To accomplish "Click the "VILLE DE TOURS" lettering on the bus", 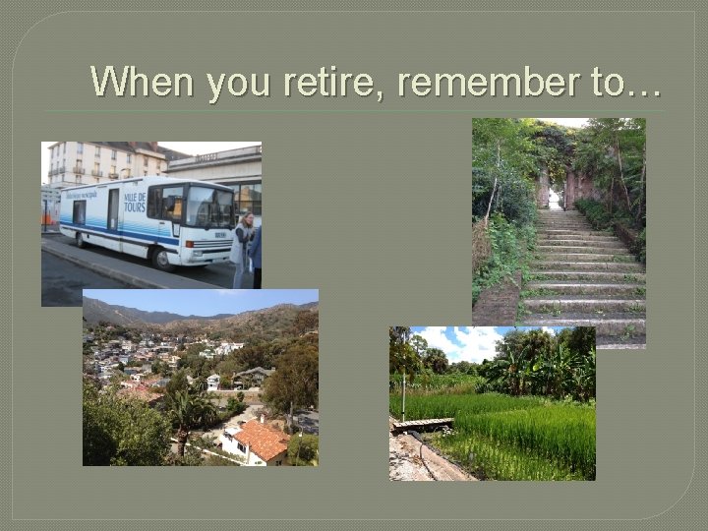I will (134, 202).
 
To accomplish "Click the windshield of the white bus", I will (210, 206).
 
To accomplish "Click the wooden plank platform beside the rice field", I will (424, 425).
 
